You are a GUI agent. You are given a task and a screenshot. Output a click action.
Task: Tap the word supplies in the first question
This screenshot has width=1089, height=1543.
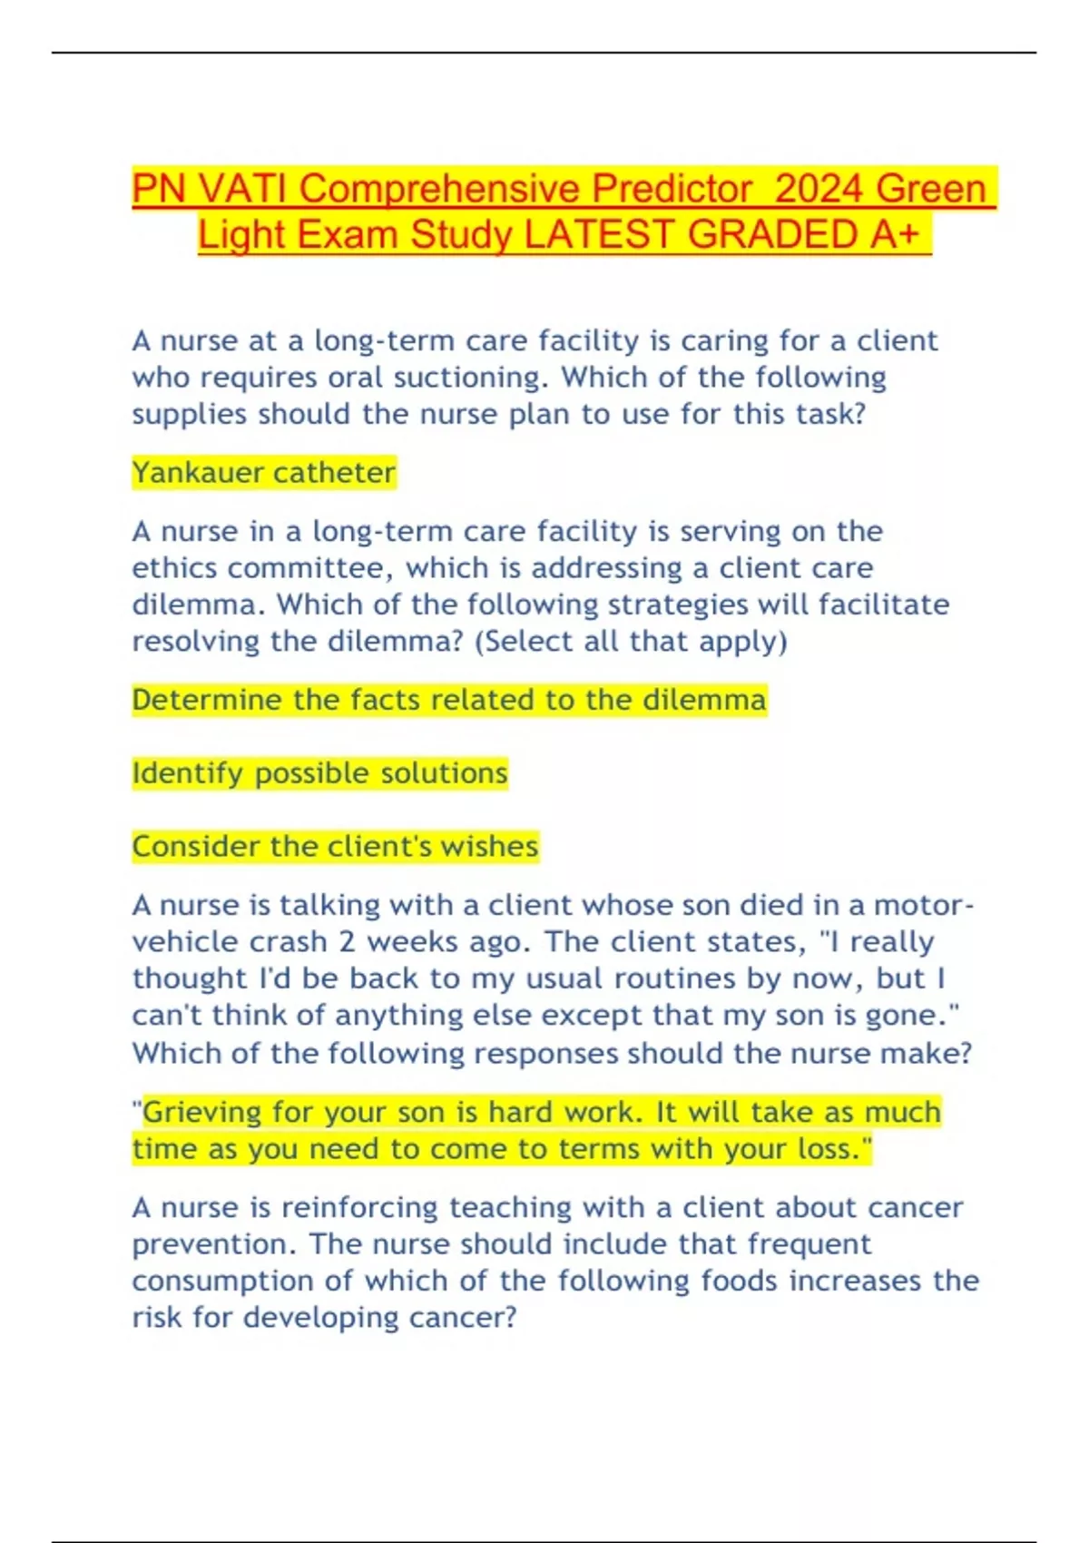click(189, 415)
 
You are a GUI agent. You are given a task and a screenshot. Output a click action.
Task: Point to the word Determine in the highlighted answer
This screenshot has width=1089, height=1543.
click(206, 700)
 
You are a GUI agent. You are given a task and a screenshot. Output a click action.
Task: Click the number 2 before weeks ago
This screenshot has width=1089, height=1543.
click(347, 942)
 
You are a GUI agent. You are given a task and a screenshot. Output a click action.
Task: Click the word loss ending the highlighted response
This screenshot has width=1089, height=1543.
click(828, 1149)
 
